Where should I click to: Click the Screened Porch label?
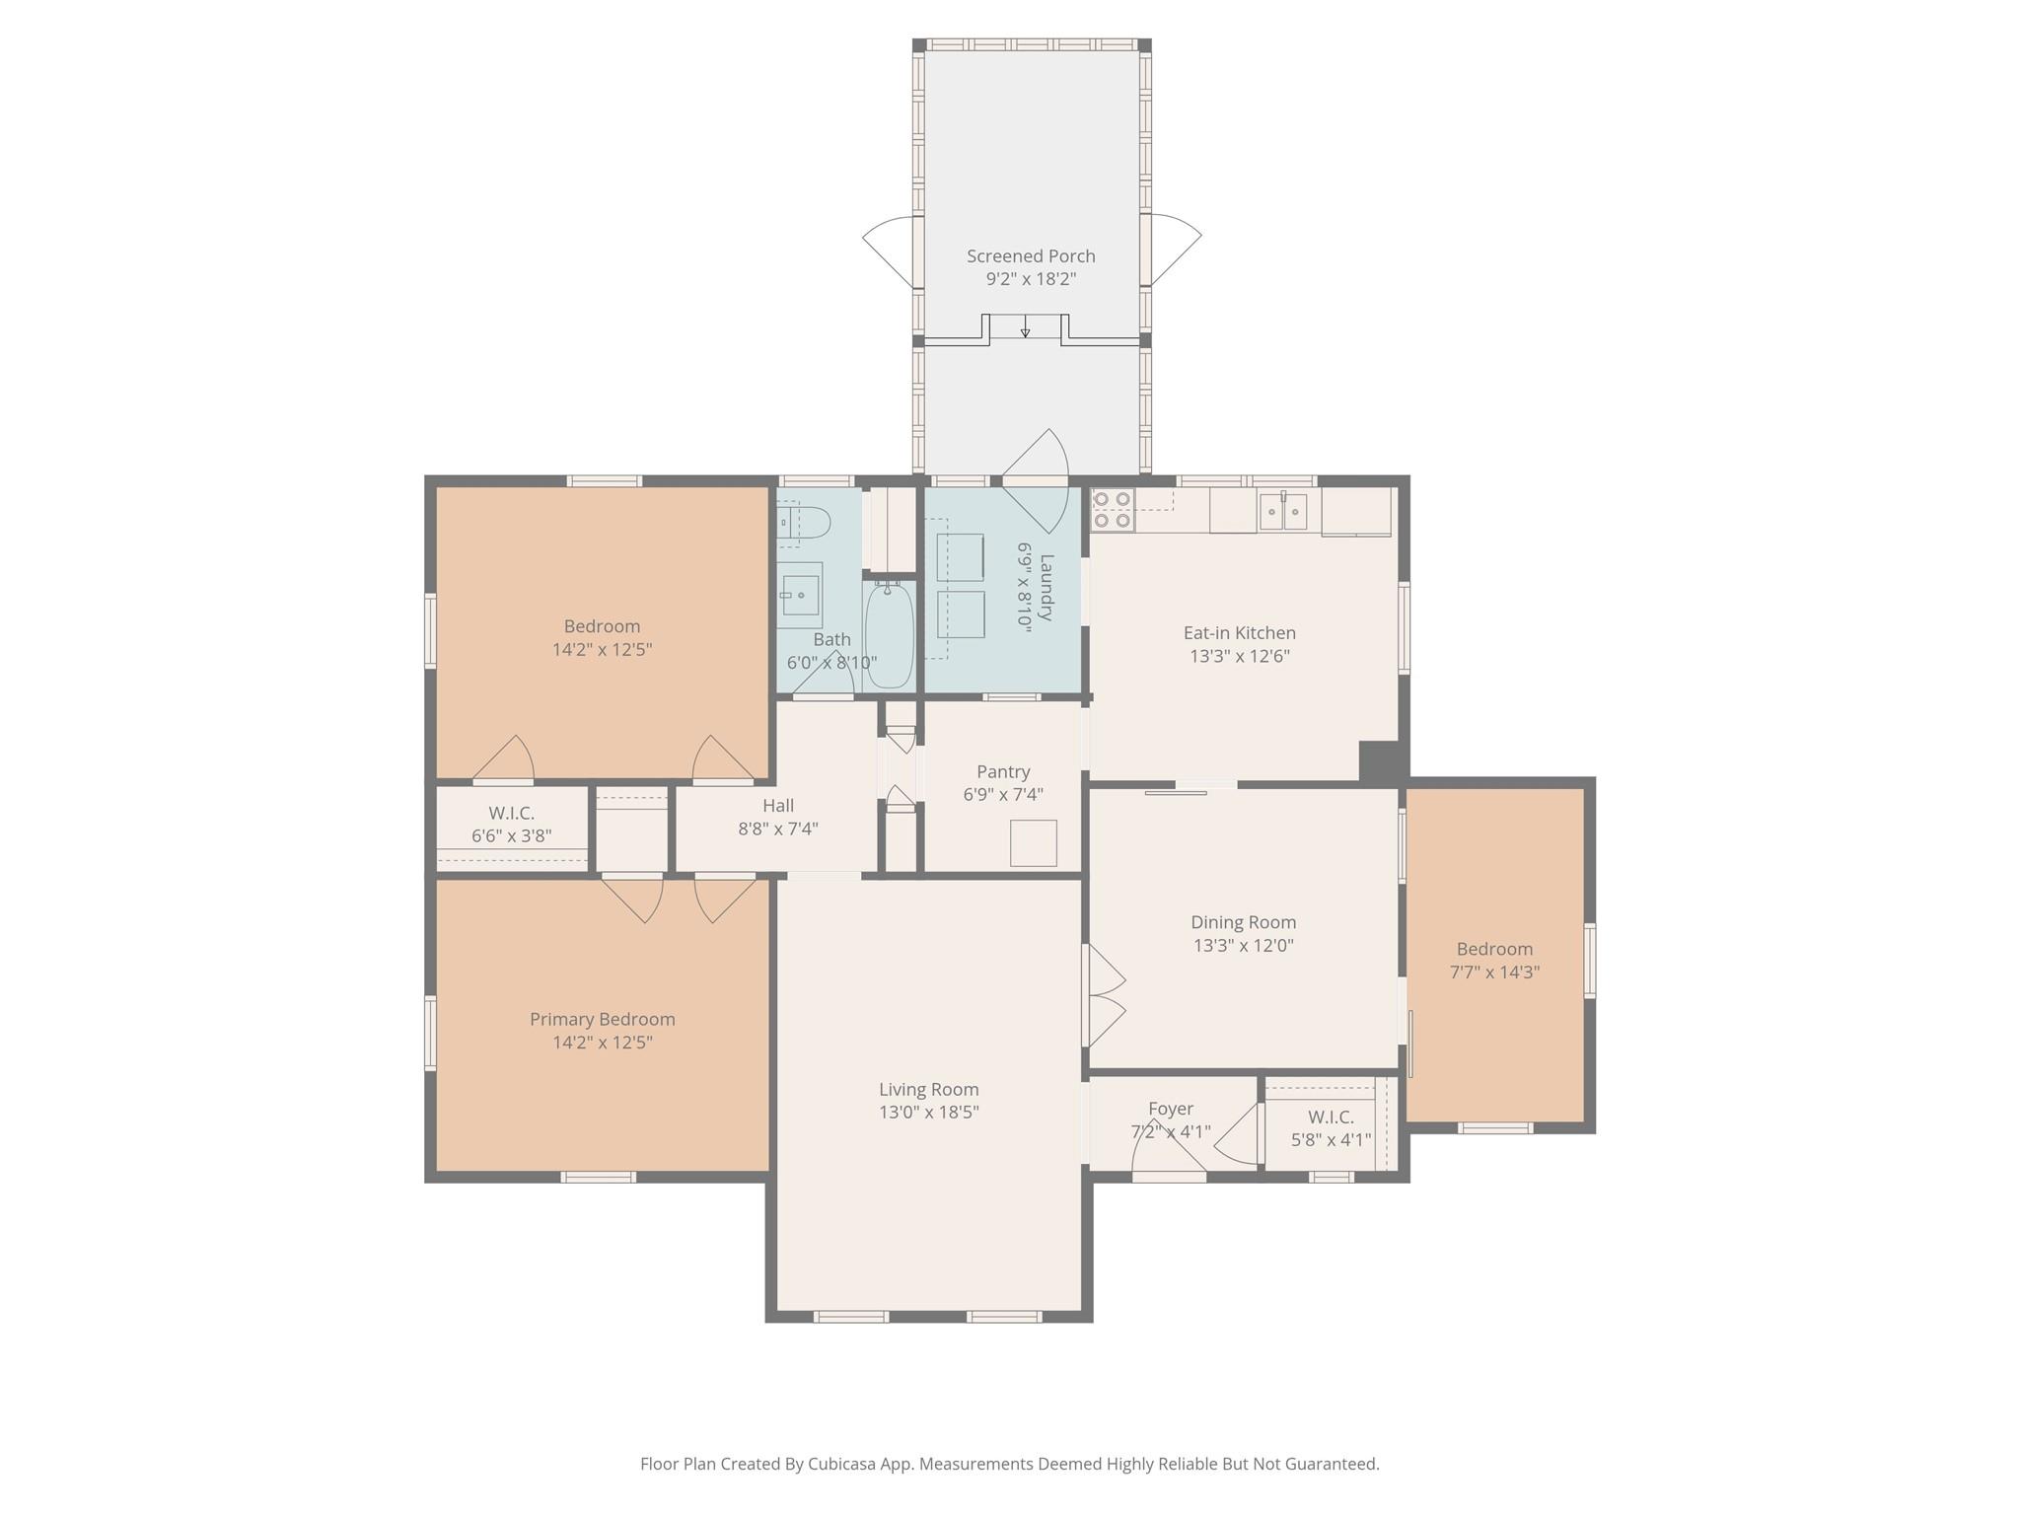pos(1031,256)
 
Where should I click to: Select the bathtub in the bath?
pos(890,635)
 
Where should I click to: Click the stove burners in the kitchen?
pos(1112,509)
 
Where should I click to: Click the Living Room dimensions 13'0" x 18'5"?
pos(928,1113)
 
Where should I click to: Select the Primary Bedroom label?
pos(602,1019)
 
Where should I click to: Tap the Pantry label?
pos(1003,771)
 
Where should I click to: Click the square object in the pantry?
pos(1033,843)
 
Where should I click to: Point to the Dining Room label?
pos(1243,922)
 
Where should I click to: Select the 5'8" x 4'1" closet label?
pos(1331,1140)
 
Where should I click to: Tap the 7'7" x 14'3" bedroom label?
pos(1494,972)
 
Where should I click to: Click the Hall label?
pos(777,806)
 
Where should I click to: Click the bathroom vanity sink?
pos(800,595)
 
